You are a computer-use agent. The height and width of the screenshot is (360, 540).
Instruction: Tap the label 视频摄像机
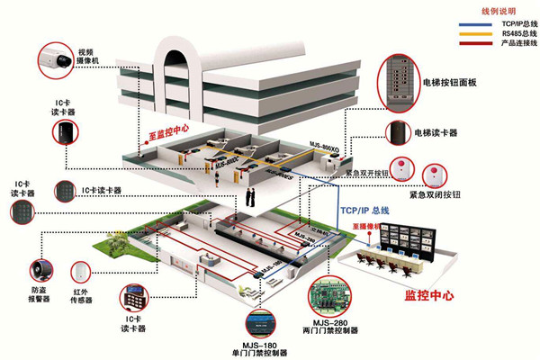click(86, 58)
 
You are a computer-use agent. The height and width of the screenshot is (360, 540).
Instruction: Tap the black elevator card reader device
click(398, 133)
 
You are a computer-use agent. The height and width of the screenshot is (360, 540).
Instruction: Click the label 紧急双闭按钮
click(435, 194)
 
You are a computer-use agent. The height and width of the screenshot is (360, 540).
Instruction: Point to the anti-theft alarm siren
click(40, 269)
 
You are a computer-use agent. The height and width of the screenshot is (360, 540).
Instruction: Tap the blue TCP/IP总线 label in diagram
click(364, 210)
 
